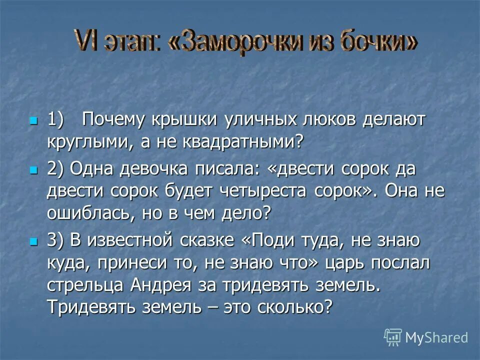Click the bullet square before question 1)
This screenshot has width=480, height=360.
click(34, 120)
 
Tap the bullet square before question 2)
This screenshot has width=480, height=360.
click(34, 170)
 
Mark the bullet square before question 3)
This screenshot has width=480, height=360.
click(34, 241)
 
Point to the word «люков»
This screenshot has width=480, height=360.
click(325, 120)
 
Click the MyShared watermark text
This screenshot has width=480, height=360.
click(436, 337)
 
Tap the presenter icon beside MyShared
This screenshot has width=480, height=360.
click(393, 337)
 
